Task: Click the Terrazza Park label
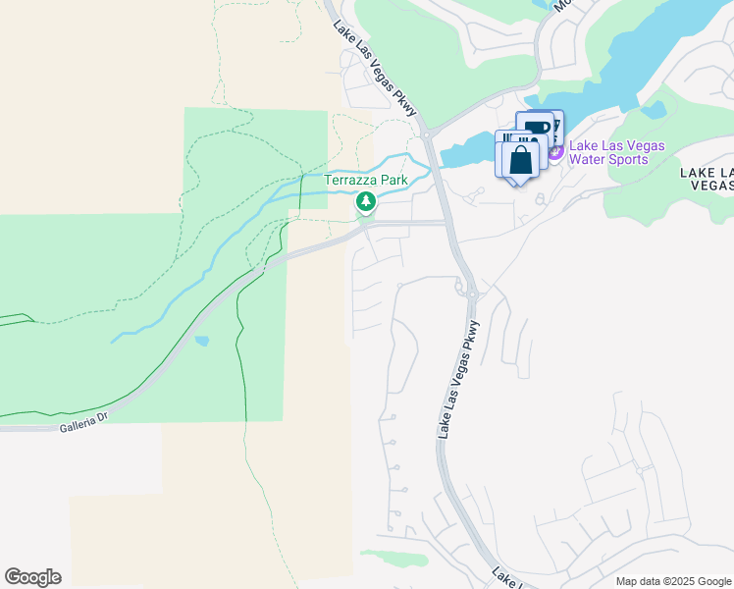click(x=366, y=181)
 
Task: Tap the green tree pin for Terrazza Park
click(x=366, y=202)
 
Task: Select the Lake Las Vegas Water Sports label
click(x=616, y=153)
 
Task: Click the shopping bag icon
click(x=521, y=159)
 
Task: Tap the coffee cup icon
click(x=538, y=128)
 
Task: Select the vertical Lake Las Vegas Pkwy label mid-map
click(x=458, y=379)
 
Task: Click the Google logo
click(x=32, y=577)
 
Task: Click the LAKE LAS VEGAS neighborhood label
click(x=707, y=178)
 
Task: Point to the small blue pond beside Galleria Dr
click(x=201, y=342)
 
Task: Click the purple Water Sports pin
click(x=555, y=153)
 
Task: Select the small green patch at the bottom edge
click(x=394, y=558)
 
